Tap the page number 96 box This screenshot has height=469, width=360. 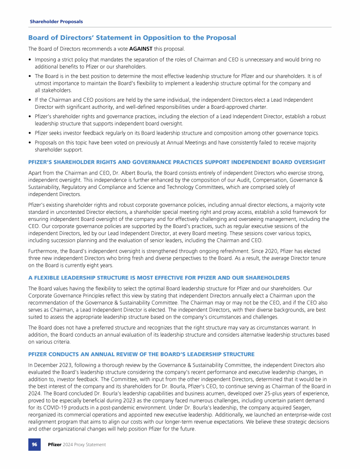coord(34,444)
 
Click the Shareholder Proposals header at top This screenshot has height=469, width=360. coord(56,22)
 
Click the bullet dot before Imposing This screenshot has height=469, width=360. coord(30,60)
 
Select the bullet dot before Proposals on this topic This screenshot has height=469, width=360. coord(30,143)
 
